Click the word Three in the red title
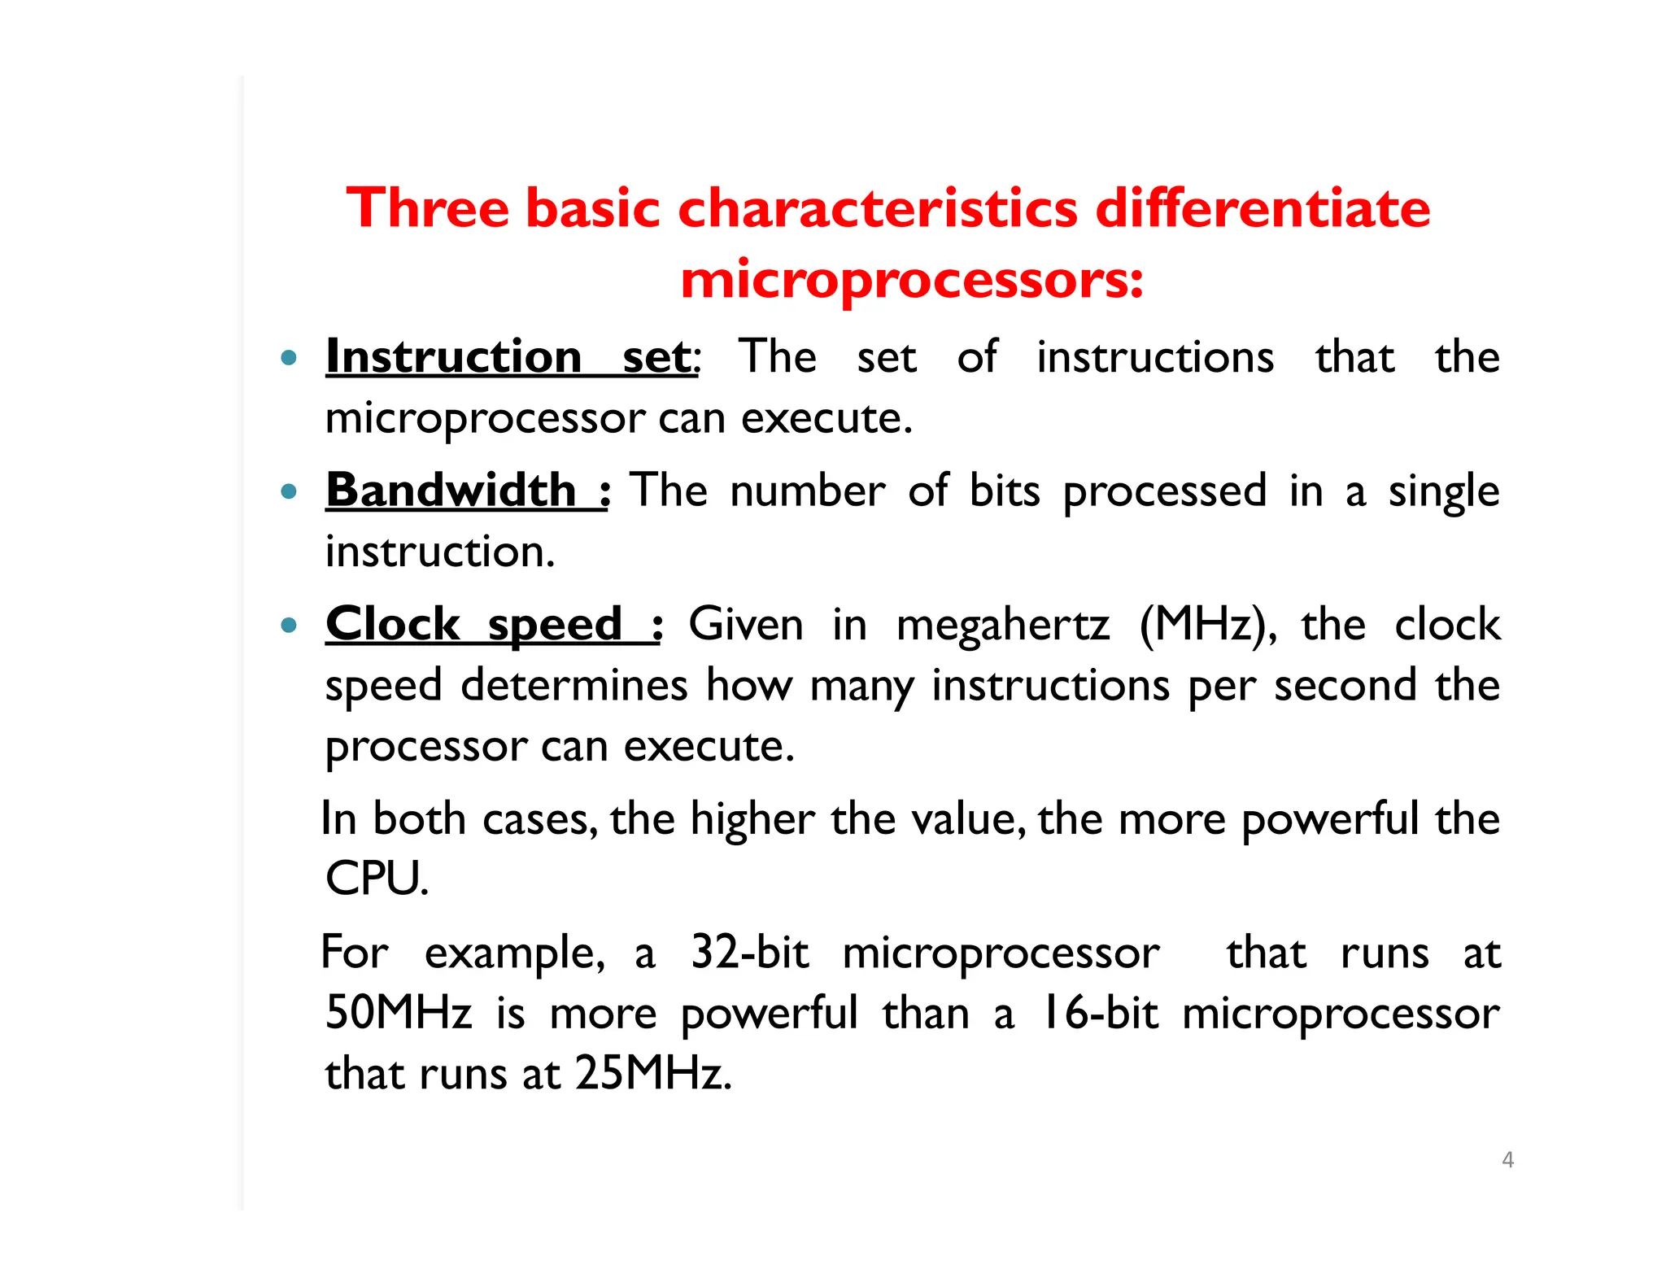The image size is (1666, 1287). coord(428,208)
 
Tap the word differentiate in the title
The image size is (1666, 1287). coord(1263,208)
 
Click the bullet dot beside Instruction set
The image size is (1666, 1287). coord(288,357)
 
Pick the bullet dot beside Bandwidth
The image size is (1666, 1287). coord(288,491)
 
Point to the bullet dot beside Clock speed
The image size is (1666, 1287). coord(288,626)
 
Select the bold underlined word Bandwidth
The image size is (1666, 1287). coord(451,491)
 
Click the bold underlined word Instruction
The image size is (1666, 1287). coord(453,356)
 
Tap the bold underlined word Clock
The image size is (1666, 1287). coord(392,625)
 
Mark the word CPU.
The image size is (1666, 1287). coord(375,879)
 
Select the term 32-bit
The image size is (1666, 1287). coord(749,952)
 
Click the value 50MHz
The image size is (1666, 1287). coord(399,1014)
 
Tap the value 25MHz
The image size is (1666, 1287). coord(652,1074)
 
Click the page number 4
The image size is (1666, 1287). coord(1507,1160)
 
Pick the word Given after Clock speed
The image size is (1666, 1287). coord(746,625)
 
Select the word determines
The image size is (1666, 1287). coord(574,686)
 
